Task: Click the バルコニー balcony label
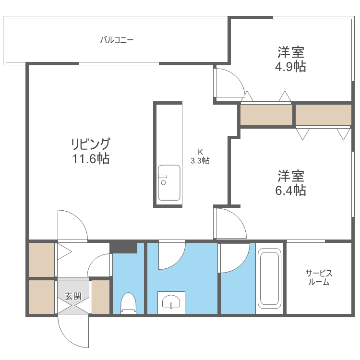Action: [117, 40]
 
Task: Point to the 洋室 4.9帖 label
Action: [291, 59]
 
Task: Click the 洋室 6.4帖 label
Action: [291, 183]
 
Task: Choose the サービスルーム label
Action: [319, 278]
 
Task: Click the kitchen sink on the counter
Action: [169, 182]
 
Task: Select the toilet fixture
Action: [128, 302]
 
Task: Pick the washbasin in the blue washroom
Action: [171, 301]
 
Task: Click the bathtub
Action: [269, 278]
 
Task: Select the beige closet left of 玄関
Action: [42, 297]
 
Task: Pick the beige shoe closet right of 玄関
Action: [101, 297]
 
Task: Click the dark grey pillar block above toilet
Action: [123, 248]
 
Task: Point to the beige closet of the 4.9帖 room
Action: [266, 115]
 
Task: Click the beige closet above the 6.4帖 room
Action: [323, 115]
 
